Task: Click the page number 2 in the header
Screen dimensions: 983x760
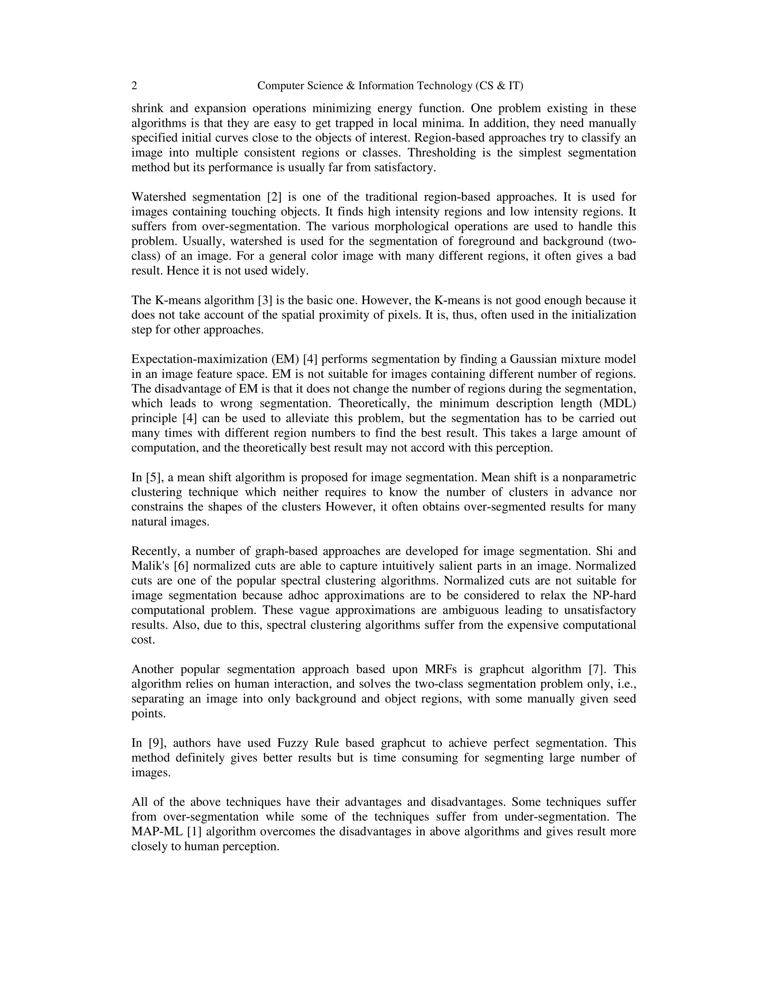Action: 134,86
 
